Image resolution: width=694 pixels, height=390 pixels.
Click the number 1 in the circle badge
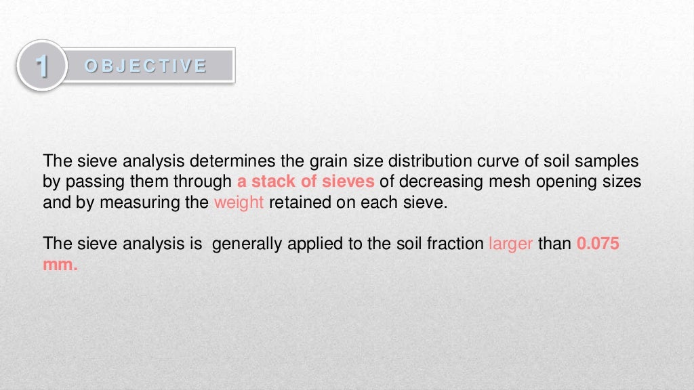pos(41,66)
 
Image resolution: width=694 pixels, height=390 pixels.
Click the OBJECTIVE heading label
pos(145,66)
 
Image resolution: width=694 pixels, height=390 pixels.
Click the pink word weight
pos(239,202)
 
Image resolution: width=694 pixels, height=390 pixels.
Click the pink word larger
pos(510,244)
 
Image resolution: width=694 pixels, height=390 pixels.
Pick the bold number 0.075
pos(598,244)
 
